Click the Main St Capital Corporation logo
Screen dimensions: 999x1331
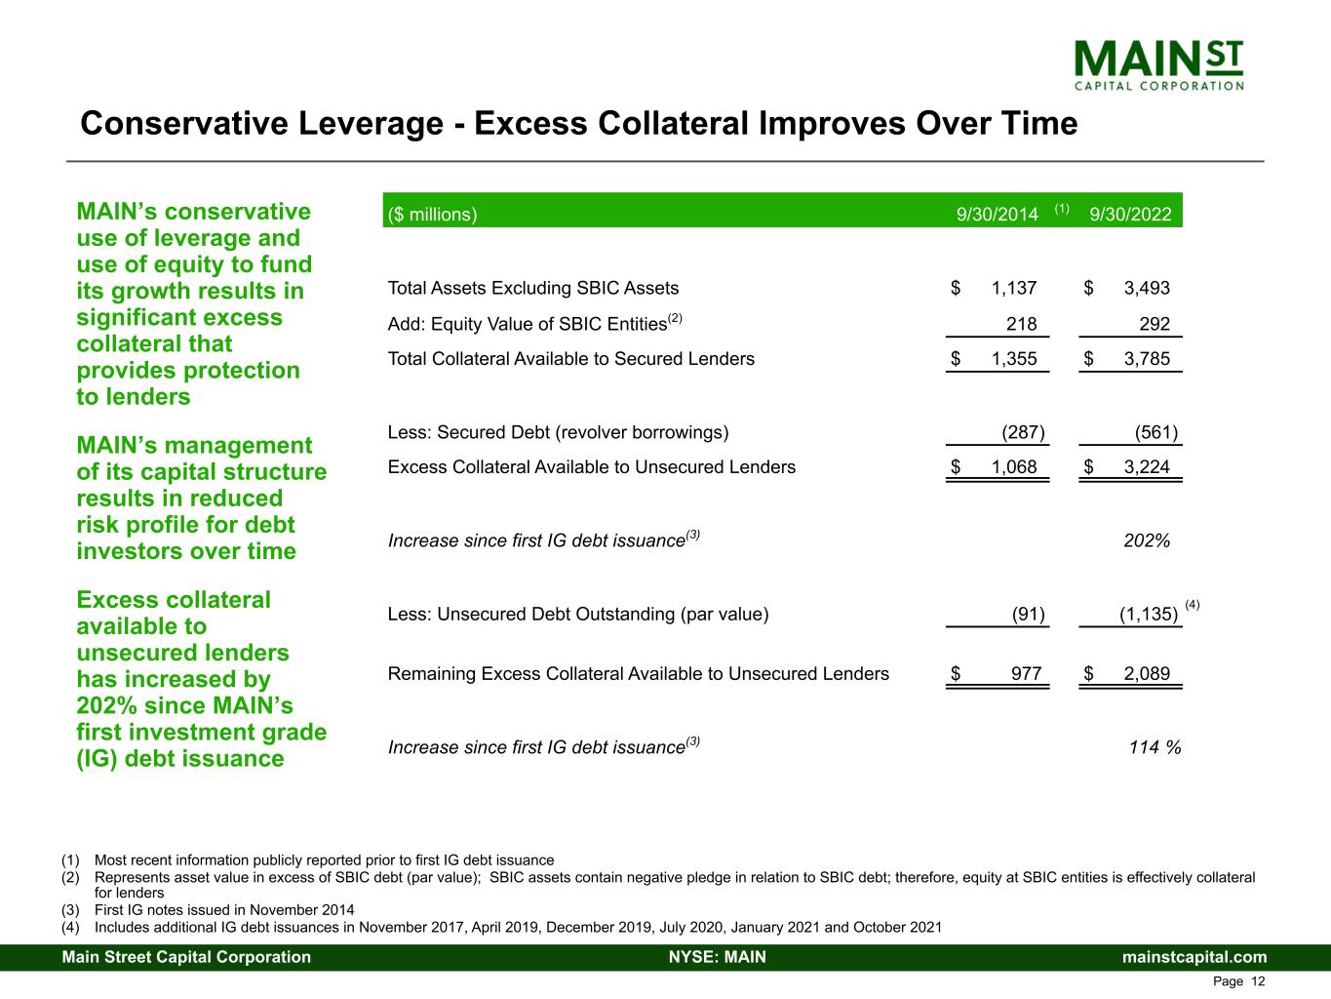tap(1158, 64)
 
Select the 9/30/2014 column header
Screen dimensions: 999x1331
tap(997, 215)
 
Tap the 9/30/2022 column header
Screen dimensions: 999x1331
tap(1130, 215)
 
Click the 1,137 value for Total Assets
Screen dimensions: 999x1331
tap(1014, 288)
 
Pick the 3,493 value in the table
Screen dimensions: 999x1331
tap(1147, 288)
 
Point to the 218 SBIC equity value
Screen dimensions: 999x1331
tap(1021, 324)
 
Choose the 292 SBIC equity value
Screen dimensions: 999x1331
tap(1155, 324)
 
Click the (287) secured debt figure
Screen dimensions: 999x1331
tap(1023, 432)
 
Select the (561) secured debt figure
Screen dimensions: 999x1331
tap(1155, 432)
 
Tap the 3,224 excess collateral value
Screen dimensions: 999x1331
tap(1147, 467)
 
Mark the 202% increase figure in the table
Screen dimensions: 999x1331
tap(1147, 540)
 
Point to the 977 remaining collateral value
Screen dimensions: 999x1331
tap(1026, 673)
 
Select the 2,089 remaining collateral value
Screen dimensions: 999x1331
tap(1147, 673)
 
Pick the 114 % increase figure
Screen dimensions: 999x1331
tap(1155, 747)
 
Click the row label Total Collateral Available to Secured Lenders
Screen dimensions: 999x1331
tap(570, 359)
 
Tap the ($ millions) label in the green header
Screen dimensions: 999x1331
tap(432, 215)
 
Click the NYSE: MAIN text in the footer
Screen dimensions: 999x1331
tap(717, 957)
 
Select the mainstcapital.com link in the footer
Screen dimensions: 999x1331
tap(1194, 957)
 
